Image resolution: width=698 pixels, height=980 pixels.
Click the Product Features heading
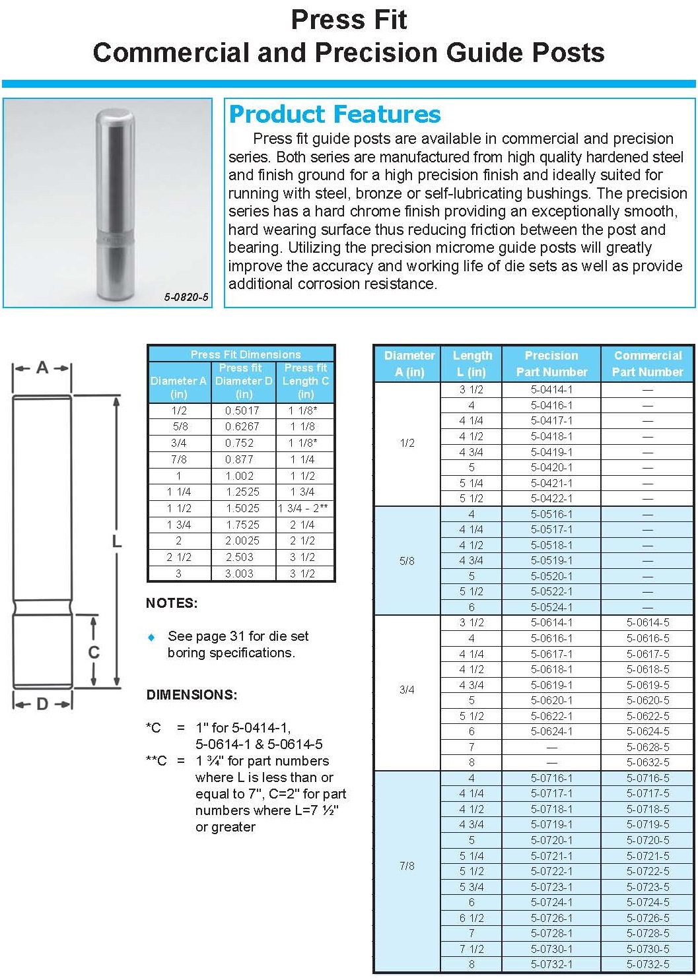coord(334,115)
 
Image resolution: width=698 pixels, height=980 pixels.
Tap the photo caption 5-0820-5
coord(186,297)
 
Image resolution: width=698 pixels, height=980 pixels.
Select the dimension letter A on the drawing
coord(42,368)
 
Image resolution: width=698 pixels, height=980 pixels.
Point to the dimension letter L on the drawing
coord(116,542)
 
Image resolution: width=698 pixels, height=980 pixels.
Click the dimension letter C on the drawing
coord(94,653)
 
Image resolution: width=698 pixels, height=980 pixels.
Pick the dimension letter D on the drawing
coord(42,704)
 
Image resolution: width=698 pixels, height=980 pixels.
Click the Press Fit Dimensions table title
coord(245,354)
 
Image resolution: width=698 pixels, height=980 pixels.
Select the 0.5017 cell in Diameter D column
coord(242,410)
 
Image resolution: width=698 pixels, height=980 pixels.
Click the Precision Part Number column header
coord(551,364)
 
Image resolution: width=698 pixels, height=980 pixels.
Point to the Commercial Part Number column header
coord(647,364)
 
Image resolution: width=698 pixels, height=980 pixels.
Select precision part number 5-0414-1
coord(551,389)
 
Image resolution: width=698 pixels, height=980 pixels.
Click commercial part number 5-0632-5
coord(647,762)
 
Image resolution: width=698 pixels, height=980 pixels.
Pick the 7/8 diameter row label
coord(407,866)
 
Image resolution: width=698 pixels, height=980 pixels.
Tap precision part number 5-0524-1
coord(551,607)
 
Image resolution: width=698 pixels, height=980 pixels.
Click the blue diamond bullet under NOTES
coord(152,637)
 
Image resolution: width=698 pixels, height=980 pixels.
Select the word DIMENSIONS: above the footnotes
coord(192,695)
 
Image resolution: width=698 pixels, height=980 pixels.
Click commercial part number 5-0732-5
coord(647,964)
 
